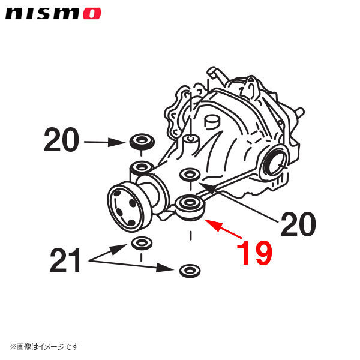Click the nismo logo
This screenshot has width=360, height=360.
(x=53, y=13)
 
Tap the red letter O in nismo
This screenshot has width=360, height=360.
(x=92, y=14)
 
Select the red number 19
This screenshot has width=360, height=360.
(x=254, y=253)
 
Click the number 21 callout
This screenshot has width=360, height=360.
(x=65, y=260)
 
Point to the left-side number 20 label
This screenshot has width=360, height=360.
(x=61, y=140)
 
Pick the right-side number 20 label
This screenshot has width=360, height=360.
(x=298, y=224)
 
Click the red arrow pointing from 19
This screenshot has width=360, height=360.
(x=223, y=229)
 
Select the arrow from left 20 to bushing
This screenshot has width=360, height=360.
(x=104, y=142)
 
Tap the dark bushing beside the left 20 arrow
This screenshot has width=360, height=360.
(x=142, y=142)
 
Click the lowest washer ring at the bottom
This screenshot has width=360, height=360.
(x=190, y=271)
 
